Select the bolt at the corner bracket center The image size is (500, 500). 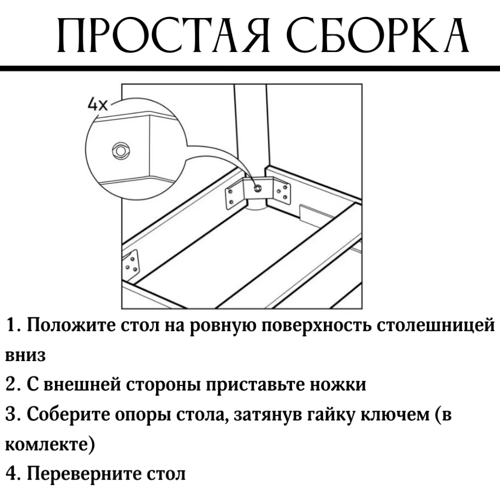click(257, 188)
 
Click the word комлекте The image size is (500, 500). click(47, 444)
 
